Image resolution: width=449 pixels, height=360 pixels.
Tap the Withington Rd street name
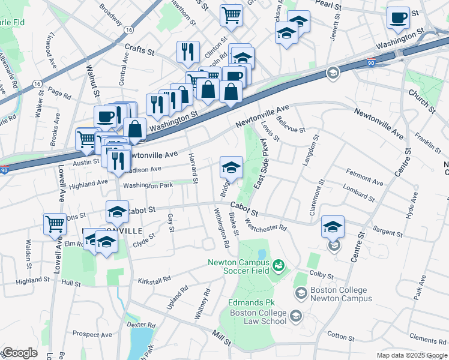(x=220, y=228)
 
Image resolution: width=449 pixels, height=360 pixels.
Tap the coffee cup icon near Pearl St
(x=398, y=17)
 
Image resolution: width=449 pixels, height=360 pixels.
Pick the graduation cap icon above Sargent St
(x=333, y=227)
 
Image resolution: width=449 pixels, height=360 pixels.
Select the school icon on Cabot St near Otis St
(x=118, y=211)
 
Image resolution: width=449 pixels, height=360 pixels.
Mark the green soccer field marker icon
(x=279, y=265)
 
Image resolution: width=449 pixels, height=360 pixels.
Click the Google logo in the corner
(x=19, y=352)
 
